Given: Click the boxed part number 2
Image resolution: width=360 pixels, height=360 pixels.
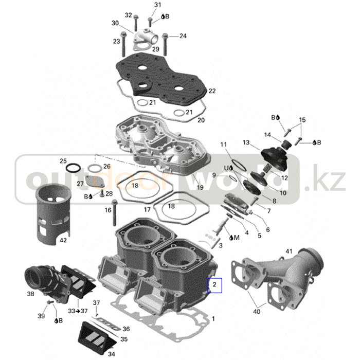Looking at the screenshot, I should pyautogui.click(x=215, y=283).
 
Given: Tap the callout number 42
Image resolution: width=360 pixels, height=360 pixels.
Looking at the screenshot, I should pyautogui.click(x=63, y=240).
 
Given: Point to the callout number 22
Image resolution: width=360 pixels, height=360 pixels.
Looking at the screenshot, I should pyautogui.click(x=212, y=91).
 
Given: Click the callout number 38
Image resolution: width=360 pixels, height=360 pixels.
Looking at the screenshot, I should pyautogui.click(x=31, y=294).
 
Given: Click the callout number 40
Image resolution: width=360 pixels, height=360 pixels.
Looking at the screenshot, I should pyautogui.click(x=256, y=311).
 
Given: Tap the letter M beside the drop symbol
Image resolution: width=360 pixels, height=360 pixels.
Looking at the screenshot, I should pyautogui.click(x=236, y=238).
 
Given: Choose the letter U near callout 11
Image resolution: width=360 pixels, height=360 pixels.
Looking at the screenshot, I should pyautogui.click(x=225, y=168).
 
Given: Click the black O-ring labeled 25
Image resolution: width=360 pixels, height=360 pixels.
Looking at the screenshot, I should pyautogui.click(x=73, y=168).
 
